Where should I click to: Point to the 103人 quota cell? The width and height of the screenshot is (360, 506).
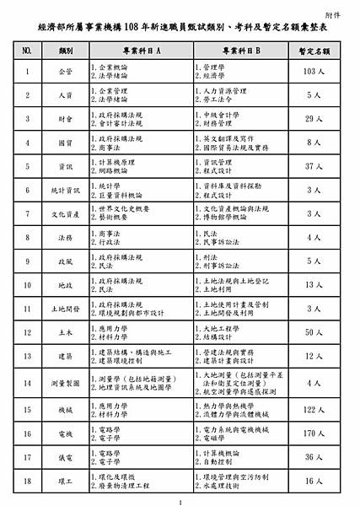point(310,72)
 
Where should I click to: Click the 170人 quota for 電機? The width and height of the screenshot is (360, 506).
point(310,433)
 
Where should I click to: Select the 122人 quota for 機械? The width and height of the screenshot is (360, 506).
point(310,409)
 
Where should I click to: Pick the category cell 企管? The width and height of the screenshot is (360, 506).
point(65,72)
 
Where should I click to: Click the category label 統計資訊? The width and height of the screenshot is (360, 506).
point(65,191)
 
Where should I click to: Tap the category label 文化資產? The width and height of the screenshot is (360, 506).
point(65,214)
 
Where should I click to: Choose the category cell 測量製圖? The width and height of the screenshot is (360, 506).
point(65,382)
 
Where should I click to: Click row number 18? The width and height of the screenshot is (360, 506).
point(27,481)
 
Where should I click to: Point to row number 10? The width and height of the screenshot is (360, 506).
point(27,285)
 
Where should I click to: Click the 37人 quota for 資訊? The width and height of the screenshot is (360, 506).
point(310,166)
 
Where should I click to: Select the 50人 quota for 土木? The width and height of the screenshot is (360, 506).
point(310,332)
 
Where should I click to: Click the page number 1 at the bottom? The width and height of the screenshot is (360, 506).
point(180,502)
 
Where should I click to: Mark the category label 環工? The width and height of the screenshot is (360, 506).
point(65,481)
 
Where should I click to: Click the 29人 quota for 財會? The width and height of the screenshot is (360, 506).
point(310,119)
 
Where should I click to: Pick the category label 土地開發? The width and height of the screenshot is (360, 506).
point(65,309)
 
